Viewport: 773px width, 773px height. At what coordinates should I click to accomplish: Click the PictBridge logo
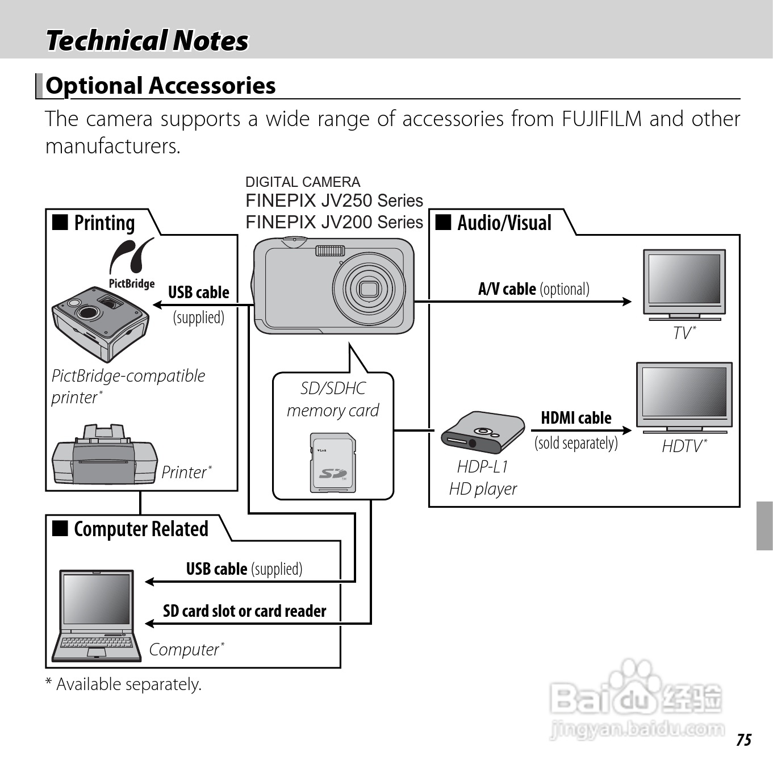click(131, 262)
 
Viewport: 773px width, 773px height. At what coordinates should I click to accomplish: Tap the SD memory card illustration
click(333, 462)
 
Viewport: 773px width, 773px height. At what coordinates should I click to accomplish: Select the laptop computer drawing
click(97, 616)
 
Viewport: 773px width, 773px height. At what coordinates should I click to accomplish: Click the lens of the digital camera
click(369, 289)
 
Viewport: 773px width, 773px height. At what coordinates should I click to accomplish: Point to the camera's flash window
click(330, 250)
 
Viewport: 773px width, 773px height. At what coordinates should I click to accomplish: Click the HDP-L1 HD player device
click(482, 432)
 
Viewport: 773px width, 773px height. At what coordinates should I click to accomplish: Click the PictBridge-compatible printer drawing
click(100, 324)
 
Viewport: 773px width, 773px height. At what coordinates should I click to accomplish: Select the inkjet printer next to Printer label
click(104, 456)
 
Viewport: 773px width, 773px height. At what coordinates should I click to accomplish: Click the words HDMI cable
click(576, 418)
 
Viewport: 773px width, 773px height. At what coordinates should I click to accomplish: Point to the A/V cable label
click(507, 289)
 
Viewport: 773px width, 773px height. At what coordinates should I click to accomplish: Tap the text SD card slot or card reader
click(244, 611)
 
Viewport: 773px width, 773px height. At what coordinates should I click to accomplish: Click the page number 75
click(743, 739)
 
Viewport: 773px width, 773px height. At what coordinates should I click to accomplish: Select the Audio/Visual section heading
click(504, 223)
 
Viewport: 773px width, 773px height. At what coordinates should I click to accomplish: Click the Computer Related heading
click(141, 529)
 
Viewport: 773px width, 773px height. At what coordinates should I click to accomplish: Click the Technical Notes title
click(147, 41)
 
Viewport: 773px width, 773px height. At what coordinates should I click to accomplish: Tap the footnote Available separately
click(128, 684)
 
